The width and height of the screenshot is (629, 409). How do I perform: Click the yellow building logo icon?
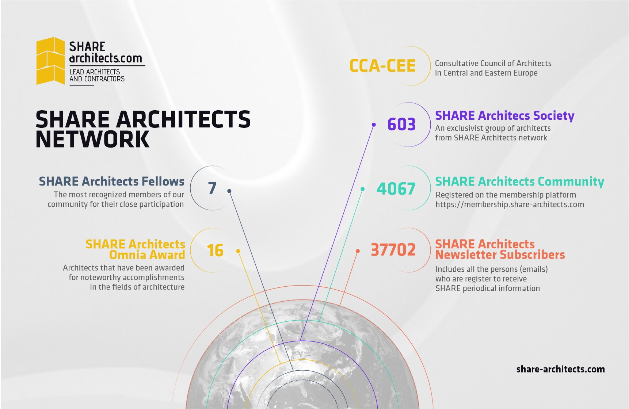tap(50, 61)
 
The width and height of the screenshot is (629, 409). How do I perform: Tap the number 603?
tap(401, 125)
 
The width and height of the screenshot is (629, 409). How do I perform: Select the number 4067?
tap(396, 189)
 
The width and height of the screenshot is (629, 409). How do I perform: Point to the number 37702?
tap(393, 250)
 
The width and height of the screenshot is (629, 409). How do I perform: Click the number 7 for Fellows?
tap(212, 188)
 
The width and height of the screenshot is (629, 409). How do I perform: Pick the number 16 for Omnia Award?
tap(215, 251)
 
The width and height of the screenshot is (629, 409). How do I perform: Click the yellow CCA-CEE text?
tap(382, 66)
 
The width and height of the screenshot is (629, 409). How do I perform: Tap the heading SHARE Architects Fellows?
tap(111, 181)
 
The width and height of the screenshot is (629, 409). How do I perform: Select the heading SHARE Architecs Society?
tap(504, 116)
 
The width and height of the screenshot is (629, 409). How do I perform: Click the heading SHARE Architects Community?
tap(519, 182)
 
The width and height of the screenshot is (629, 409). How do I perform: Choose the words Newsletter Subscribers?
tap(500, 255)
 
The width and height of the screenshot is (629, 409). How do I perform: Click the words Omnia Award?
tap(147, 255)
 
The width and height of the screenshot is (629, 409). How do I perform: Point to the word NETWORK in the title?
tap(93, 139)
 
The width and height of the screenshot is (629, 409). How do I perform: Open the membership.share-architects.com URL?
tap(510, 204)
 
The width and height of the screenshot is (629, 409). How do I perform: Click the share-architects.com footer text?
tap(560, 369)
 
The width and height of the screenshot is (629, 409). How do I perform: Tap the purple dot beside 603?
tap(374, 125)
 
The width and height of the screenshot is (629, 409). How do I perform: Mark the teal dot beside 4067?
tap(363, 189)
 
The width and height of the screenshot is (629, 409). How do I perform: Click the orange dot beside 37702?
tap(358, 251)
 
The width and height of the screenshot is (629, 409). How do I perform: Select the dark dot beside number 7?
tap(229, 191)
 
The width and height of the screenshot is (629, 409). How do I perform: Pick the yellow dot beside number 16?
tap(238, 251)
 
